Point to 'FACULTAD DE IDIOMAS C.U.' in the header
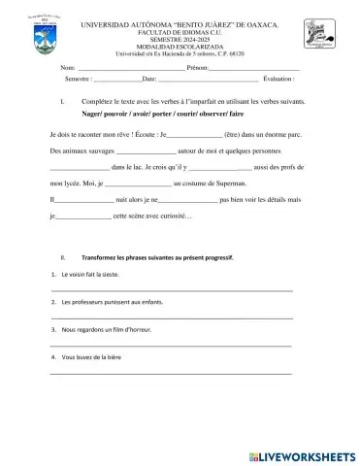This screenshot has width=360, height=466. coord(180,32)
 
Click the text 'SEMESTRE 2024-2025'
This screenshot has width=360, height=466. coord(180,40)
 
